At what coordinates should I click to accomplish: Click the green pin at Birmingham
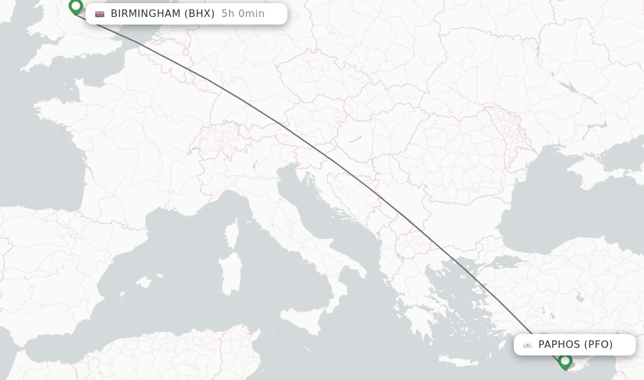(x=76, y=7)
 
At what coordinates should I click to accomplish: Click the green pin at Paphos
(x=565, y=361)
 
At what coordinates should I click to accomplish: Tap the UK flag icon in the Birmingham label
(x=99, y=14)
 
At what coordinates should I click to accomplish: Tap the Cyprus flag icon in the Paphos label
(x=527, y=345)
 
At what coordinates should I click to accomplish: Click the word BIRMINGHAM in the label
(x=145, y=14)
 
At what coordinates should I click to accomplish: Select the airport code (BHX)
(x=199, y=14)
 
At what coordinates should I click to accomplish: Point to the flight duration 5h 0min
(x=243, y=14)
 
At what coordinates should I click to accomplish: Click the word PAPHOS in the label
(x=559, y=345)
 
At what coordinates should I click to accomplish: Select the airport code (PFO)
(x=598, y=345)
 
